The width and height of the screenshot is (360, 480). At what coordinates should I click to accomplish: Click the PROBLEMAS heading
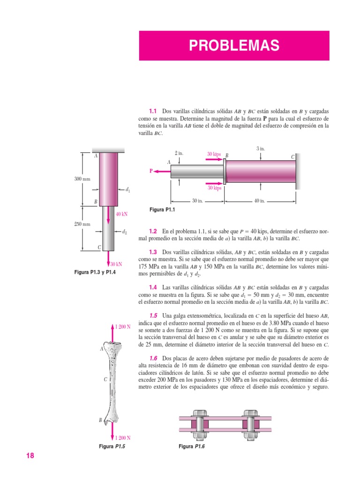[x=234, y=46]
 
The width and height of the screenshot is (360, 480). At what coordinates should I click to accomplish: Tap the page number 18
[x=30, y=456]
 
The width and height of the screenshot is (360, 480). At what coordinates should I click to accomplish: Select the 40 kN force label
[x=121, y=214]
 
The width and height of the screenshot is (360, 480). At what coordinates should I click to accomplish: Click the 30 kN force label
[x=116, y=264]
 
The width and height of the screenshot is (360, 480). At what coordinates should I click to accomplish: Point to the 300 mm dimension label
[x=82, y=179]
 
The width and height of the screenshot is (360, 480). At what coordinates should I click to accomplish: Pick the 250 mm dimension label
[x=82, y=224]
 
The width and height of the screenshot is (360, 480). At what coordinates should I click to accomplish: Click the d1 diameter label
[x=128, y=190]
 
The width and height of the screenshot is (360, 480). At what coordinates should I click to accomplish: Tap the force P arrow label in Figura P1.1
[x=151, y=172]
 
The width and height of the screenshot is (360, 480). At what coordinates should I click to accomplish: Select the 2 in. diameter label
[x=179, y=153]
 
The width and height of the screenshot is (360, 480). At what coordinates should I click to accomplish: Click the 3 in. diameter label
[x=261, y=149]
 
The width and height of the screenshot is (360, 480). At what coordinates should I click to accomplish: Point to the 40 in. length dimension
[x=260, y=201]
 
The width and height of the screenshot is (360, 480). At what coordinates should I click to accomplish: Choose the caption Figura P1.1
[x=161, y=210]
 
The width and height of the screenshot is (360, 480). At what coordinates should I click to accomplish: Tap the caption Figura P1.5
[x=112, y=446]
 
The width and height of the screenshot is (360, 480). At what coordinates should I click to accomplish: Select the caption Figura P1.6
[x=192, y=446]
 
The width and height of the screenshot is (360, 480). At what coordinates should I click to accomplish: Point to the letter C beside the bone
[x=105, y=380]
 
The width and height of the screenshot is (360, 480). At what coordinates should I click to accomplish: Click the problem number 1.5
[x=153, y=316]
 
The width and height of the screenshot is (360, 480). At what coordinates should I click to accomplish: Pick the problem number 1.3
[x=153, y=251]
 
